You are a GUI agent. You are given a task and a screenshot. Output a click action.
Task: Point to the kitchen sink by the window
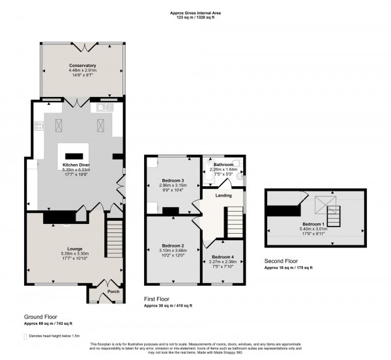pos(104,107)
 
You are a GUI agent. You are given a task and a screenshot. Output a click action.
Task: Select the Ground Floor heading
pos(41,316)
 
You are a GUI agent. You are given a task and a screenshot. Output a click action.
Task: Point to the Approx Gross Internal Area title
pos(195,14)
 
